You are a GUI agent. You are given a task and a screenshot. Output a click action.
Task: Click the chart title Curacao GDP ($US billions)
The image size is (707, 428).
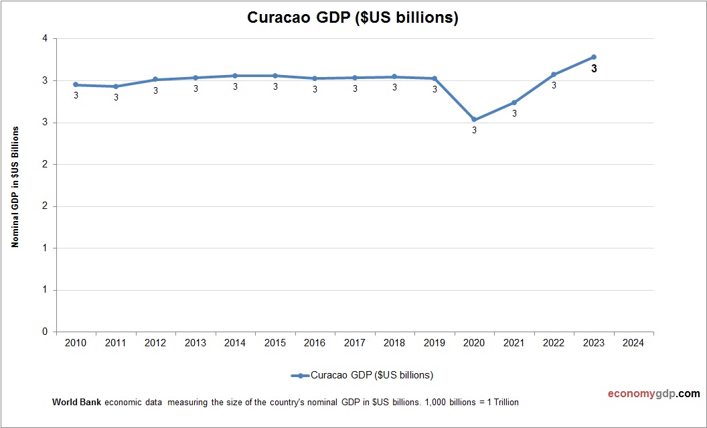pos(353,18)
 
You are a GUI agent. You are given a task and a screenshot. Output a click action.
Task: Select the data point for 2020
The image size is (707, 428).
pos(474,120)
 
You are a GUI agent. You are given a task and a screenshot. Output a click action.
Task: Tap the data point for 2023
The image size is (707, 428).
pos(593,57)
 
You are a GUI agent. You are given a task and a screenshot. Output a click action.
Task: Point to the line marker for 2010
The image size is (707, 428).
pos(76,85)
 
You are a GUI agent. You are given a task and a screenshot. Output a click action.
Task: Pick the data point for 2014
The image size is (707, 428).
pos(235,76)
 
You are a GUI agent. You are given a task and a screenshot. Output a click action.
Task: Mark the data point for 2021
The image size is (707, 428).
pos(514,102)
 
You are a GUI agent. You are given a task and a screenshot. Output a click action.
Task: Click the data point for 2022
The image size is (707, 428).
pos(554,74)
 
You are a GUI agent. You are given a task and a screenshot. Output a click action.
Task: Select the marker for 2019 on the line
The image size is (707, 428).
pos(435,78)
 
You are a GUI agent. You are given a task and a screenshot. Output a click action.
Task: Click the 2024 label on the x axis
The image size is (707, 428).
pos(633,343)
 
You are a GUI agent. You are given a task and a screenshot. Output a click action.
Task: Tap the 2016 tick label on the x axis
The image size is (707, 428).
pos(315,343)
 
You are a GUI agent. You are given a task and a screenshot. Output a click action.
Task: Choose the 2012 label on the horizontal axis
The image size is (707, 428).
pos(155,343)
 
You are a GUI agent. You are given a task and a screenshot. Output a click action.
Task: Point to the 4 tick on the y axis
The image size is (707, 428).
pos(45,39)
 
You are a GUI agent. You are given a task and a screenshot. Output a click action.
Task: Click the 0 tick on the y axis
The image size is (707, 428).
pos(45,332)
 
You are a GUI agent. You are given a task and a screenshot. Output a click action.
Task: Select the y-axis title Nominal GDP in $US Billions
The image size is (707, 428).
pos(15,186)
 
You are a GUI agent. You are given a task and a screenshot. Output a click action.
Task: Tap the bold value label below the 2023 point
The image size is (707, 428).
pos(594,68)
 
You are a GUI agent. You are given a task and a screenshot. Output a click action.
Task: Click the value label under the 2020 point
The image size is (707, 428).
pos(474,131)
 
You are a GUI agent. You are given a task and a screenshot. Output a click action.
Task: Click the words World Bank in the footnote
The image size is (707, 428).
pos(76,403)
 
